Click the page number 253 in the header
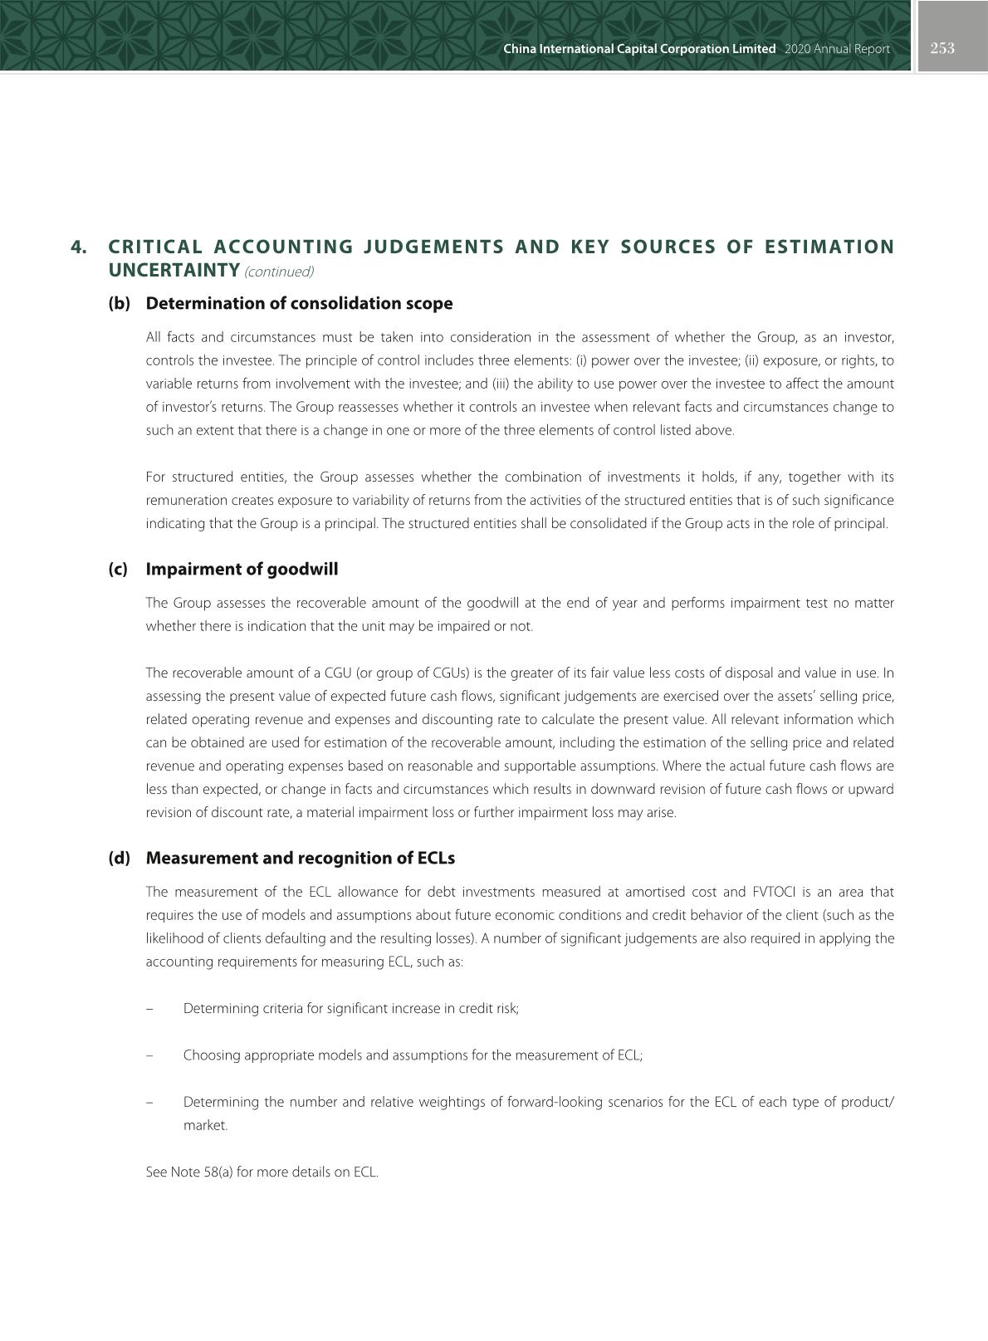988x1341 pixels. click(x=942, y=48)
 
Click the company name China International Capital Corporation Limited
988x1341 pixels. click(x=639, y=49)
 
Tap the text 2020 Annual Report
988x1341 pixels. click(x=836, y=49)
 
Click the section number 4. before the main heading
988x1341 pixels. click(x=79, y=247)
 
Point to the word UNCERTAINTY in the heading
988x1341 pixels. click(x=174, y=270)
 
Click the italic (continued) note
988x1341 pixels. click(x=279, y=272)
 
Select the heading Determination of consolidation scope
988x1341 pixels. click(x=299, y=303)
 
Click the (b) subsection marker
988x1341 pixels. click(x=120, y=303)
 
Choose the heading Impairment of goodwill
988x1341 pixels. click(x=242, y=569)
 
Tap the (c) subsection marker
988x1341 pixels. click(x=119, y=569)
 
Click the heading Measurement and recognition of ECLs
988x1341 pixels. click(x=300, y=858)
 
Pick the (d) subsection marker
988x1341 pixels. click(x=120, y=858)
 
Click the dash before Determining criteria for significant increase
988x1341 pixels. click(x=149, y=1009)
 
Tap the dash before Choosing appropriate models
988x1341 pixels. click(x=149, y=1055)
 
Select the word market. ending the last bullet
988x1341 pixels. click(x=205, y=1125)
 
